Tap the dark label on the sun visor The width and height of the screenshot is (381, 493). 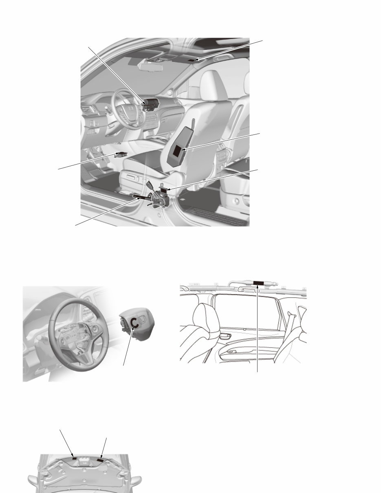pyautogui.click(x=194, y=60)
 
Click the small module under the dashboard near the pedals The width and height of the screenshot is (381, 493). pyautogui.click(x=121, y=155)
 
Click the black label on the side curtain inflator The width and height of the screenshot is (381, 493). pyautogui.click(x=259, y=282)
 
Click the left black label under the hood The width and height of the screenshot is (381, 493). pyautogui.click(x=74, y=458)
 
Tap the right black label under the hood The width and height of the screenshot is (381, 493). pyautogui.click(x=99, y=460)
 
